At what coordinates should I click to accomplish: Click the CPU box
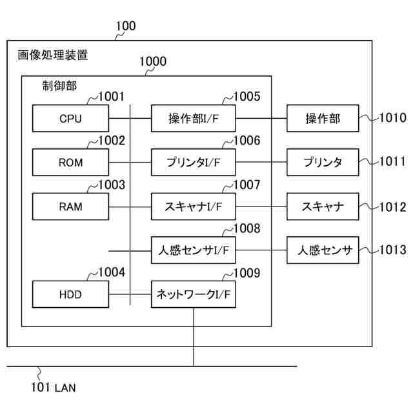tap(70, 118)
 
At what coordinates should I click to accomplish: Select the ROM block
tap(70, 162)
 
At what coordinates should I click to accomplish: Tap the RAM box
tap(70, 206)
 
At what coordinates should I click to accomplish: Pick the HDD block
tap(70, 294)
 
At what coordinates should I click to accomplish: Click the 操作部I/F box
tap(194, 118)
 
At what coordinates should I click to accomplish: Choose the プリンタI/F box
tap(194, 162)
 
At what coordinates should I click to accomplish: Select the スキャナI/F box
tap(194, 206)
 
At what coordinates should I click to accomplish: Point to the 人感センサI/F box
tap(194, 250)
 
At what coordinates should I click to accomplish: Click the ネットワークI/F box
tap(194, 294)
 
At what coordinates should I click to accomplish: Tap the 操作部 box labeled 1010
tap(323, 118)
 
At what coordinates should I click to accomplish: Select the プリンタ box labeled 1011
tap(323, 162)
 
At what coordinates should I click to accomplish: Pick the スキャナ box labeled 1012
tap(323, 206)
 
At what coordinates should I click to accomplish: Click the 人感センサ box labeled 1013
tap(323, 250)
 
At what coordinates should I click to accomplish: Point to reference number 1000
tap(153, 61)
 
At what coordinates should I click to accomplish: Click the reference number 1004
tap(112, 272)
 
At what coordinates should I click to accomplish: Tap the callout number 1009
tap(247, 273)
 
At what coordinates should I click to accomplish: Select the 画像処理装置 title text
tap(52, 55)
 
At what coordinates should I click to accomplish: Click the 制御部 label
tap(59, 86)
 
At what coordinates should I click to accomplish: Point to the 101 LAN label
tap(54, 387)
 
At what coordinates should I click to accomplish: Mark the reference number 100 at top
tap(126, 26)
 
